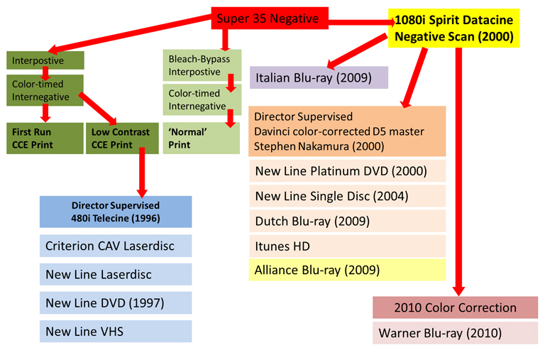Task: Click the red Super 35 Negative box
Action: [268, 19]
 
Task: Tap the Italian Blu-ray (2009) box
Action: [319, 77]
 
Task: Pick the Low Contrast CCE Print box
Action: [121, 138]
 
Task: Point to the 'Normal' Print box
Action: [202, 138]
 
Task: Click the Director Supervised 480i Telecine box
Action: [116, 212]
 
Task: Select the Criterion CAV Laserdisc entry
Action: [116, 246]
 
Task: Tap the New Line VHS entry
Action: [116, 331]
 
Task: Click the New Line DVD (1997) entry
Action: [116, 302]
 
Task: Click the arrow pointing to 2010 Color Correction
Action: [458, 178]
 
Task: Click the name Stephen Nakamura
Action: [295, 147]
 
